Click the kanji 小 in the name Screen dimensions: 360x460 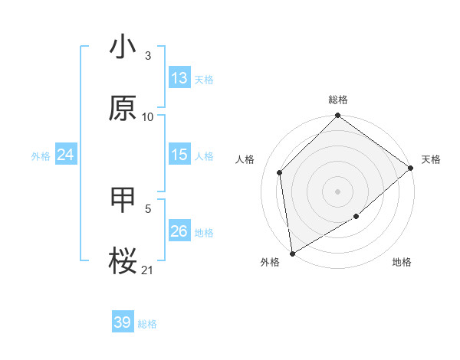pyautogui.click(x=123, y=47)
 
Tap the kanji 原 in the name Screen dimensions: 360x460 pyautogui.click(x=123, y=108)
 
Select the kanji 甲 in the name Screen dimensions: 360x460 pyautogui.click(x=123, y=201)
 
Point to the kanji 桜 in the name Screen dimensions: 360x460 pyautogui.click(x=123, y=261)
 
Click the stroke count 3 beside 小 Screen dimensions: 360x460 pyautogui.click(x=148, y=56)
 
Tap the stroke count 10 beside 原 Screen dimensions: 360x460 pyautogui.click(x=148, y=116)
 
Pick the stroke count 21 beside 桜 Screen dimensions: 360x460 pyautogui.click(x=148, y=270)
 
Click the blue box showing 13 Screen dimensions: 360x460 pyautogui.click(x=179, y=78)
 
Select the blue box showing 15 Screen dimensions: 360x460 pyautogui.click(x=179, y=155)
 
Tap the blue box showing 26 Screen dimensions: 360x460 pyautogui.click(x=179, y=231)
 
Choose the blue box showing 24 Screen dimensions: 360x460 pyautogui.click(x=66, y=155)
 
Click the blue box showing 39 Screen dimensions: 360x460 pyautogui.click(x=123, y=322)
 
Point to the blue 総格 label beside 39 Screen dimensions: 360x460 pyautogui.click(x=147, y=324)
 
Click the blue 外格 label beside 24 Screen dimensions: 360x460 pyautogui.click(x=41, y=156)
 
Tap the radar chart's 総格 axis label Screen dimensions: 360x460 pyautogui.click(x=338, y=100)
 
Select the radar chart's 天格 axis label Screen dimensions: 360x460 pyautogui.click(x=431, y=159)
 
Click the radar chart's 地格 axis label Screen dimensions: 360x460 pyautogui.click(x=402, y=263)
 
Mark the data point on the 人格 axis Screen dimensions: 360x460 pyautogui.click(x=280, y=172)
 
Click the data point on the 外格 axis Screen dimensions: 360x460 pyautogui.click(x=292, y=253)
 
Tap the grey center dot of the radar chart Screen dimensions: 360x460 pyautogui.click(x=338, y=191)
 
